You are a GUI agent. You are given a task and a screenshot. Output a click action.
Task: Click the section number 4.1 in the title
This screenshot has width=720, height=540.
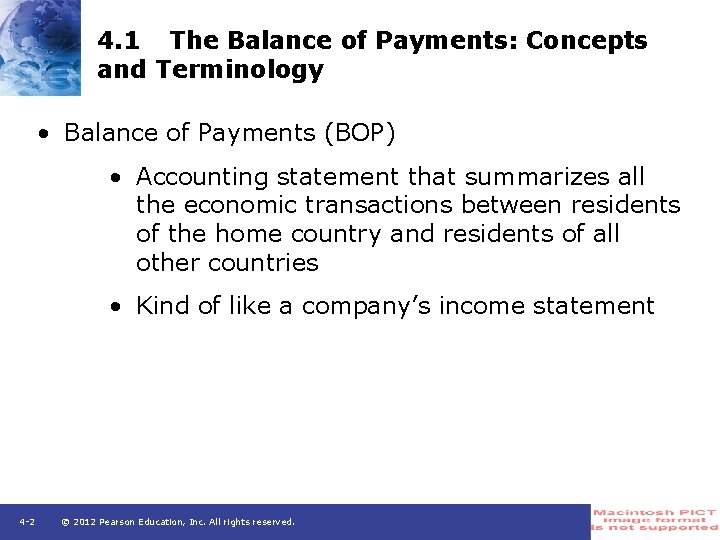119,41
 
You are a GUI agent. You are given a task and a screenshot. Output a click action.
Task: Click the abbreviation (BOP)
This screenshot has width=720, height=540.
355,133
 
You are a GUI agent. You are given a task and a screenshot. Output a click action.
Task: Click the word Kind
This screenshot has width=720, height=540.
162,306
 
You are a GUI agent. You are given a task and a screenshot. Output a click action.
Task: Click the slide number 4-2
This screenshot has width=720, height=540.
27,522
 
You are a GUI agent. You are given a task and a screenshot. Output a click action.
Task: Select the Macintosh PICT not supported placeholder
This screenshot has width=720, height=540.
655,520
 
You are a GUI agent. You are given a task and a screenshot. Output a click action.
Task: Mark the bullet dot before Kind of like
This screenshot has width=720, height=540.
117,307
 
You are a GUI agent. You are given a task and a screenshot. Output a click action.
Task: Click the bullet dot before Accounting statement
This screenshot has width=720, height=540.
117,178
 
